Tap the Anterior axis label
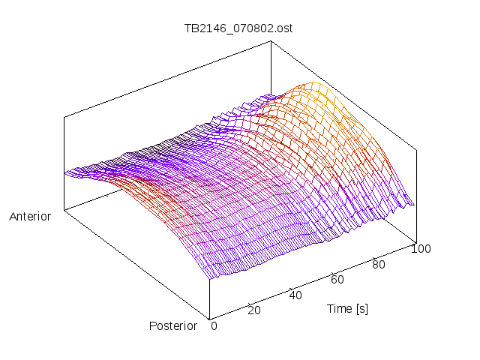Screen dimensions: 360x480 pyautogui.click(x=30, y=217)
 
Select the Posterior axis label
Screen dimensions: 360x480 pyautogui.click(x=173, y=325)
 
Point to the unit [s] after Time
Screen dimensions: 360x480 pyautogui.click(x=361, y=308)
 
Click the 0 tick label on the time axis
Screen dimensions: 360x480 pyautogui.click(x=214, y=325)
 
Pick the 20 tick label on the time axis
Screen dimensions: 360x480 pyautogui.click(x=254, y=310)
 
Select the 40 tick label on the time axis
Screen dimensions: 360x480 pyautogui.click(x=295, y=295)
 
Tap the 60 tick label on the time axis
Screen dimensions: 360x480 pyautogui.click(x=337, y=280)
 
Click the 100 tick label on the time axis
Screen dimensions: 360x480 pyautogui.click(x=421, y=249)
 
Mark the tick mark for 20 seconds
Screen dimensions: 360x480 pyautogui.click(x=249, y=302)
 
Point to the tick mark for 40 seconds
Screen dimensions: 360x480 pyautogui.click(x=290, y=287)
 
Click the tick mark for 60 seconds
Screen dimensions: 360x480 pyautogui.click(x=332, y=271)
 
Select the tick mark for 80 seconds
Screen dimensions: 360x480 pyautogui.click(x=373, y=256)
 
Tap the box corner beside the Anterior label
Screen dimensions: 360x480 pyautogui.click(x=64, y=210)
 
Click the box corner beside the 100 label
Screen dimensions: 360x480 pyautogui.click(x=415, y=241)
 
